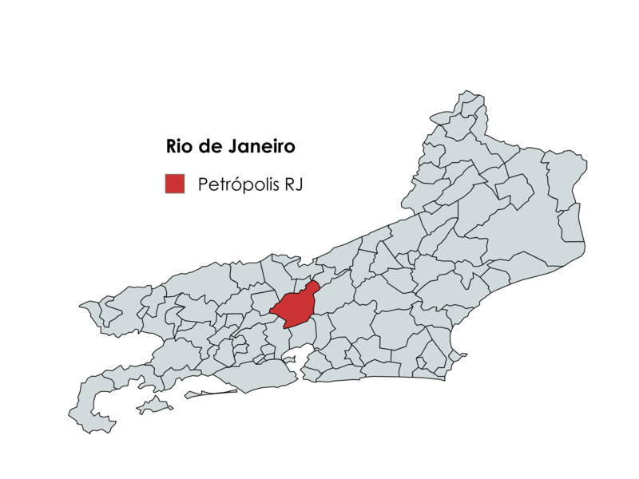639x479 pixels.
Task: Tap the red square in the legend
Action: click(x=175, y=184)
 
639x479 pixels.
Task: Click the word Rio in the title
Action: click(x=179, y=147)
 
